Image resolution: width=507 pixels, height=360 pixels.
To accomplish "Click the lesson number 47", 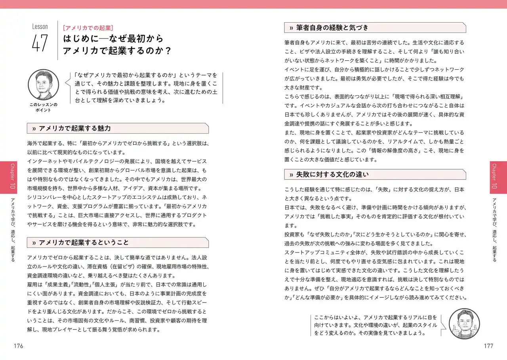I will pos(40,43).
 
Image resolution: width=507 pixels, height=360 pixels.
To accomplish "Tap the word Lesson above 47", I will pos(40,27).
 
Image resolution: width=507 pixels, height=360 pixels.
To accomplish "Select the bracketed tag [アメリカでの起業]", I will pos(88,28).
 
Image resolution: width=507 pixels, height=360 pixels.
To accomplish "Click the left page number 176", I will pos(18,346).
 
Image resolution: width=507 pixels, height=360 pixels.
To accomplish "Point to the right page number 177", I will pos(488,346).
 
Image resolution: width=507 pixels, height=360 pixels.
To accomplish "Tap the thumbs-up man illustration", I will pos(465,324).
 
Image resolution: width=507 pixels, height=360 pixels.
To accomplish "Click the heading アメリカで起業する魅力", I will pos(75,128).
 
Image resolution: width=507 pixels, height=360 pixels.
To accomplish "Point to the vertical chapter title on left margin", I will pos(13,230).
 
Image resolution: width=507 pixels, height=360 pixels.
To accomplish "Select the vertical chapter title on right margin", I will pos(494,230).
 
